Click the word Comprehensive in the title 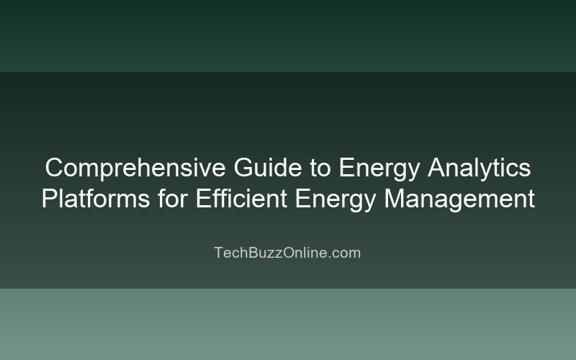[x=135, y=168]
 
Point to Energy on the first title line [x=379, y=168]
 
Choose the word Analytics [x=480, y=168]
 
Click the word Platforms [x=96, y=198]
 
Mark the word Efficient [x=240, y=198]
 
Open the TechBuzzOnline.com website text [x=287, y=253]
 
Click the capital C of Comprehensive [x=53, y=168]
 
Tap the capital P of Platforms [x=49, y=198]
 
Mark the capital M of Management [x=394, y=198]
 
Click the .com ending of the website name [x=344, y=253]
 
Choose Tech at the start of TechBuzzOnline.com [x=229, y=253]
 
